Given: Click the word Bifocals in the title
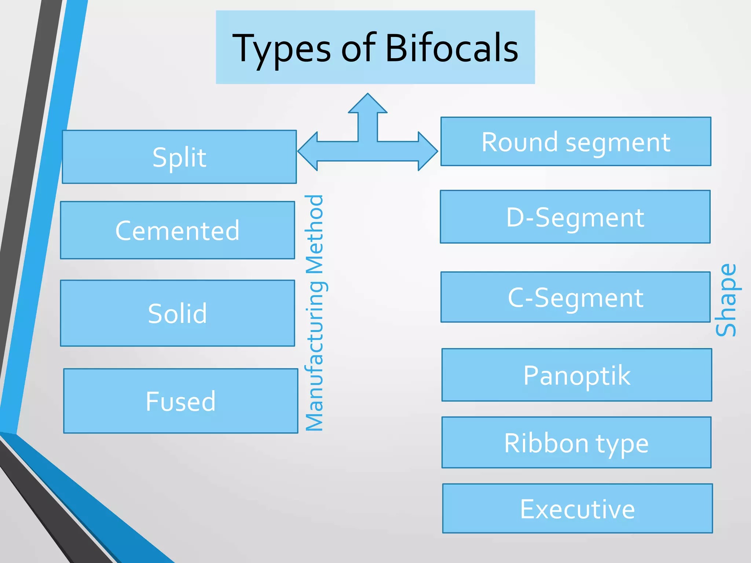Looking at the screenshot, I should pos(452,48).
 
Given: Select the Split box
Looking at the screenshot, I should pos(179,157).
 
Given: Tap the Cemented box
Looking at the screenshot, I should pos(177,230).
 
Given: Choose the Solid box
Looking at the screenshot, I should pos(177,313).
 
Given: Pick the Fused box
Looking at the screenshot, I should pos(180,401).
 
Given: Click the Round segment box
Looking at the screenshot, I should pos(576,141).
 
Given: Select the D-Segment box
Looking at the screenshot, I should pos(575,217).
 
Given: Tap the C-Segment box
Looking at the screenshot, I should pos(575,297).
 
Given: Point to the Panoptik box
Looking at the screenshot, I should pos(576,375).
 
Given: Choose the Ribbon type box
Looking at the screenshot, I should pos(576,443).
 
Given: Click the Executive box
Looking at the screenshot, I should pos(577,509).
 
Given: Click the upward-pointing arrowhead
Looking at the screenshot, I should pos(367,104).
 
